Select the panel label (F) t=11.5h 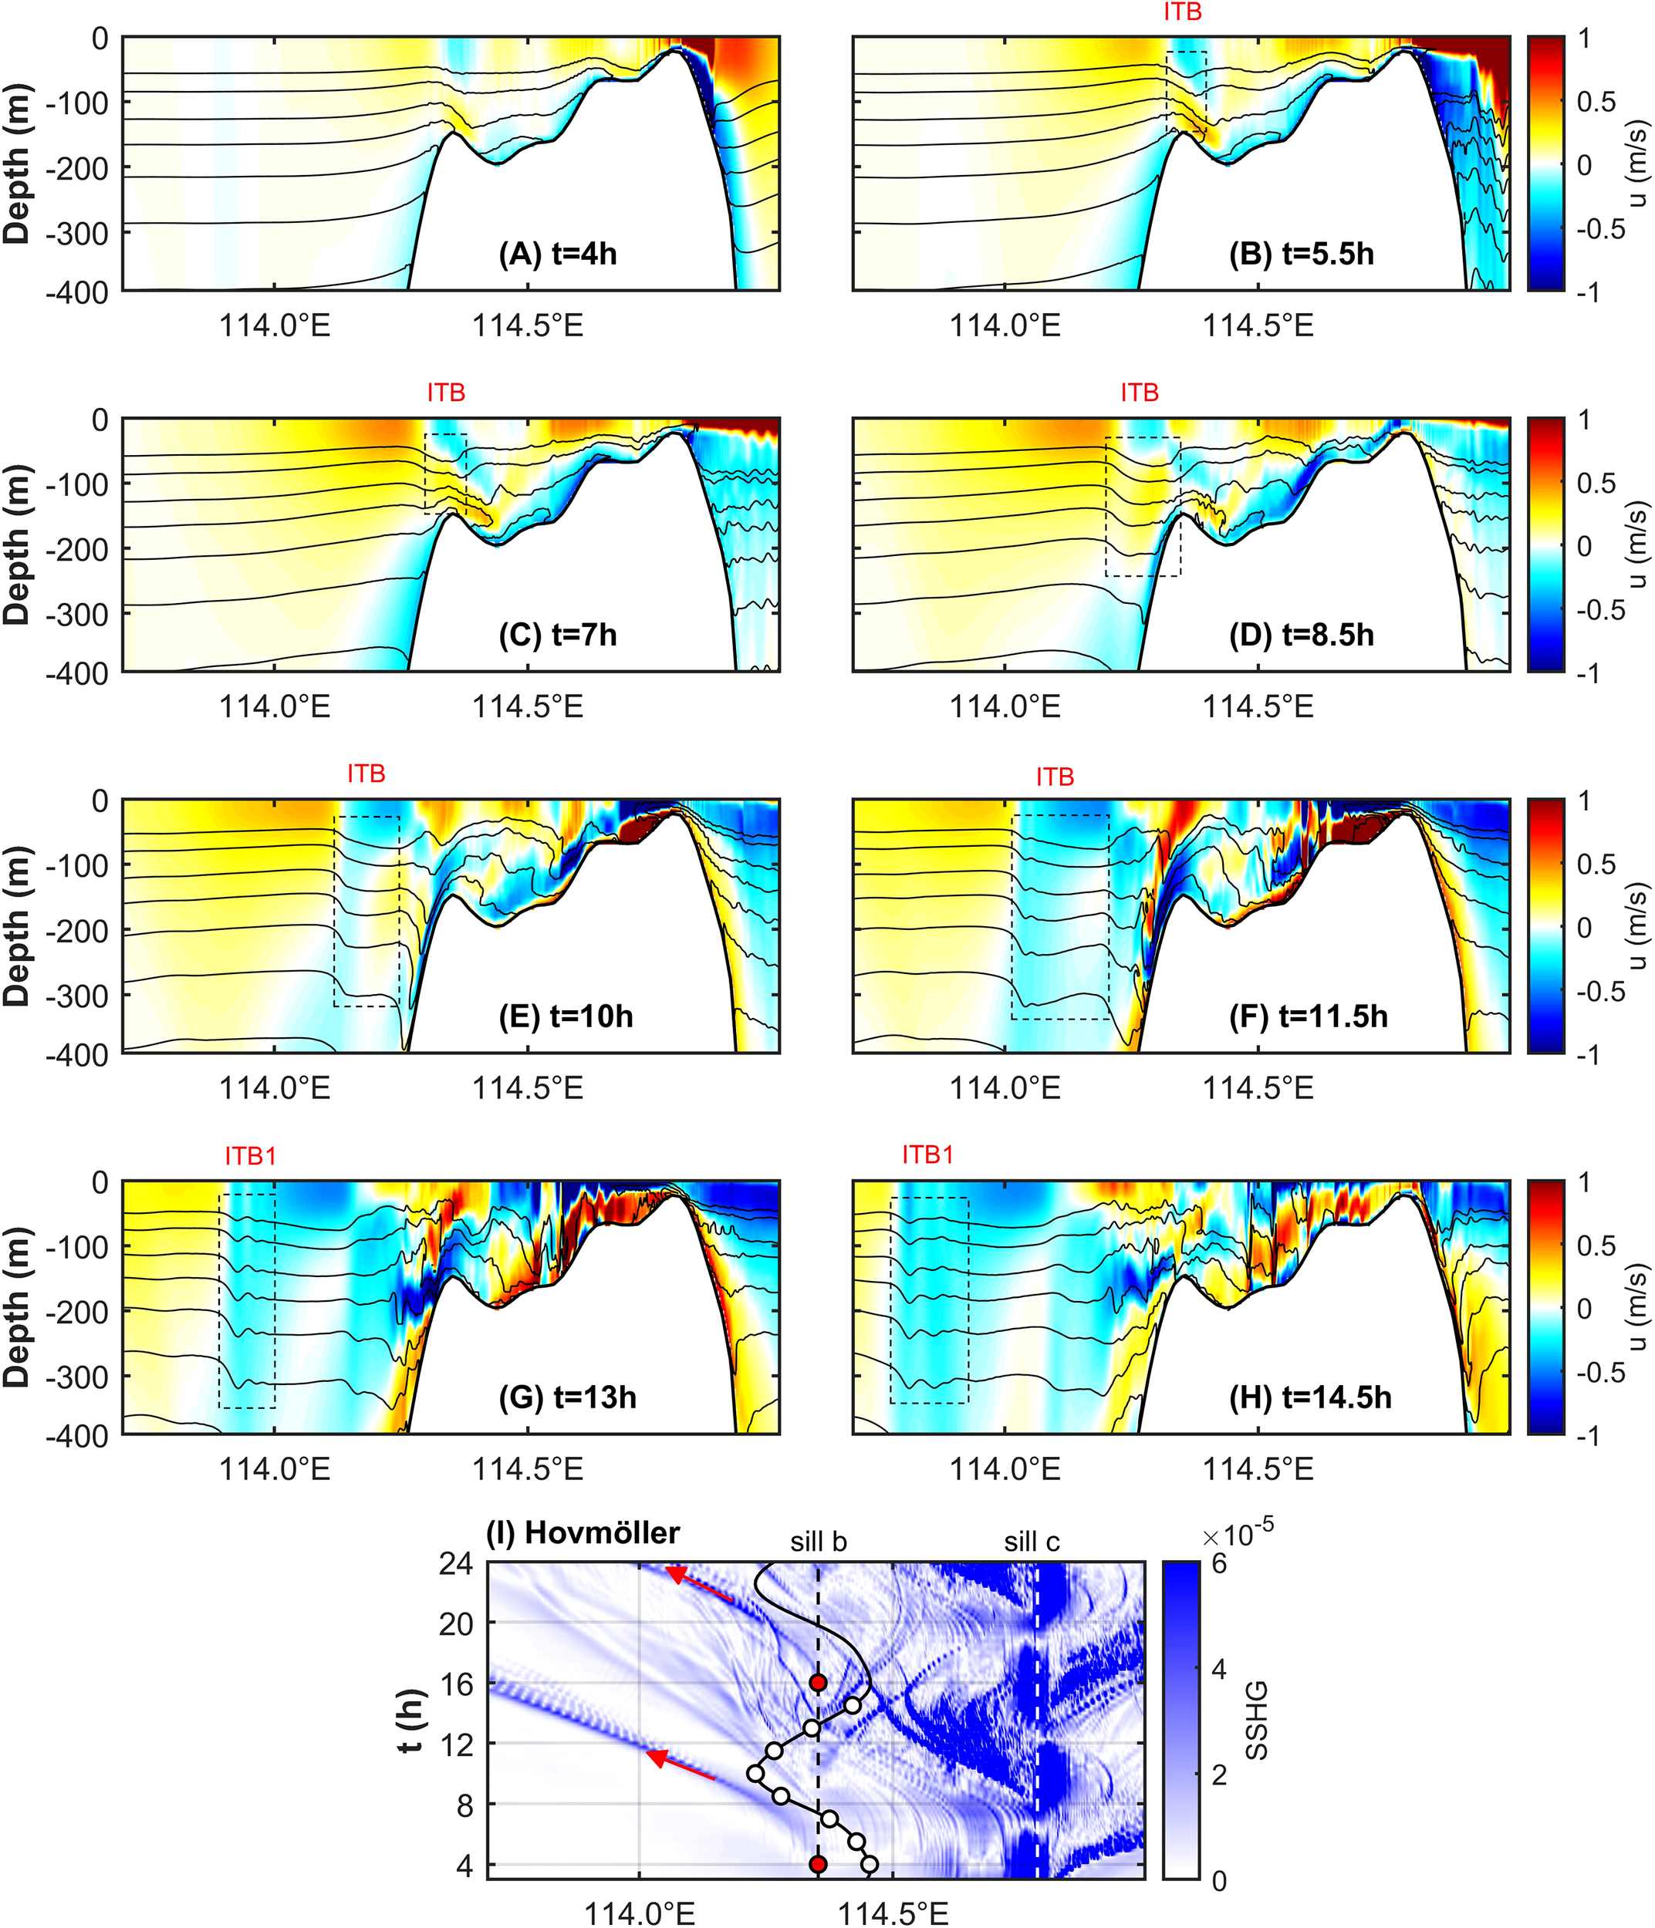coord(1308,1016)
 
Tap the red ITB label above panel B coord(1182,12)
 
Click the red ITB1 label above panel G coord(251,1156)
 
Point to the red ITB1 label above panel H coord(927,1154)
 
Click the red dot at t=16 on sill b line coord(818,1682)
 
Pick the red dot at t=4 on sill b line coord(818,1864)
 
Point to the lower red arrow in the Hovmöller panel coord(681,1765)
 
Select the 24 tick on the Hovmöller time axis coord(455,1563)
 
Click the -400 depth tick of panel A coord(77,292)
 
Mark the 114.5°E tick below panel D coord(1258,707)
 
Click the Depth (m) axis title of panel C coord(17,544)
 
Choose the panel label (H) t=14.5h coord(1309,1397)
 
